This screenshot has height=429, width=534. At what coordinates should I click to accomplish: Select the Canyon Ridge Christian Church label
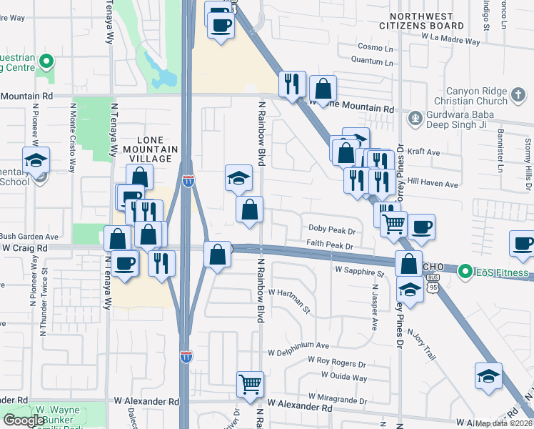[x=486, y=96]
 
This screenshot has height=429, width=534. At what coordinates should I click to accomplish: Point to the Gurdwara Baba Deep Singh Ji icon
[x=414, y=117]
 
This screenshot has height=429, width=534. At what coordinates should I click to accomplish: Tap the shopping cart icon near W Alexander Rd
[x=250, y=384]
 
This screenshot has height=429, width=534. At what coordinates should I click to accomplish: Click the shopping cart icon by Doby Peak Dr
[x=393, y=224]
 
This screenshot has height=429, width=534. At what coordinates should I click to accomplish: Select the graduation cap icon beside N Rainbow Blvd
[x=238, y=178]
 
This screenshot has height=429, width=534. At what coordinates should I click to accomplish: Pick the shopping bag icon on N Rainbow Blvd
[x=250, y=210]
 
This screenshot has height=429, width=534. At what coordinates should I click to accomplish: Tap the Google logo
[x=24, y=420]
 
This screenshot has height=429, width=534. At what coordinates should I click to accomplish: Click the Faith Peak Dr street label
[x=331, y=245]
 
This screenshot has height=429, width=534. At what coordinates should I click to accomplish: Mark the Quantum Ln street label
[x=375, y=62]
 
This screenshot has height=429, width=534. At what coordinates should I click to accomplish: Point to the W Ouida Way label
[x=343, y=377]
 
